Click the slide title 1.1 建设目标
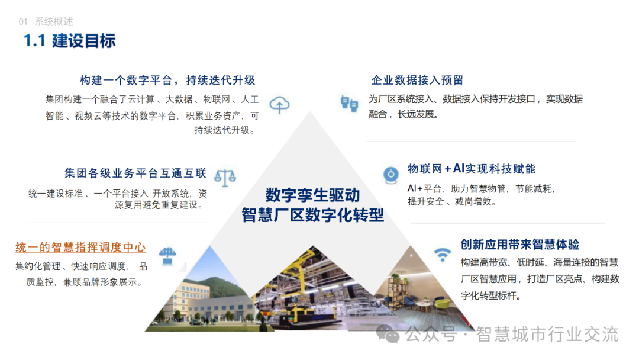(x=69, y=41)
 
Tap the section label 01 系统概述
(x=46, y=21)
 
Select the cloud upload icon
(x=279, y=105)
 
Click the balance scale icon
(x=225, y=178)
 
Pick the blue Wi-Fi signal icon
(x=442, y=255)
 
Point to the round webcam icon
(x=391, y=175)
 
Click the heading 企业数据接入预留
(x=417, y=81)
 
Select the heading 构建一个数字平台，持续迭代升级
(x=167, y=81)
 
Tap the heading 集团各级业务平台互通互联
(x=135, y=173)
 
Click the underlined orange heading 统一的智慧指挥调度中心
(x=80, y=247)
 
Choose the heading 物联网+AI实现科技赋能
(x=472, y=169)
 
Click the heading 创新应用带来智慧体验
(x=520, y=245)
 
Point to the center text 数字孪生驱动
(x=312, y=195)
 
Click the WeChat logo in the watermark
(x=388, y=334)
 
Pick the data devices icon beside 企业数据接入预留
(x=349, y=103)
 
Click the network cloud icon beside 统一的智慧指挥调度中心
(x=167, y=256)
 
